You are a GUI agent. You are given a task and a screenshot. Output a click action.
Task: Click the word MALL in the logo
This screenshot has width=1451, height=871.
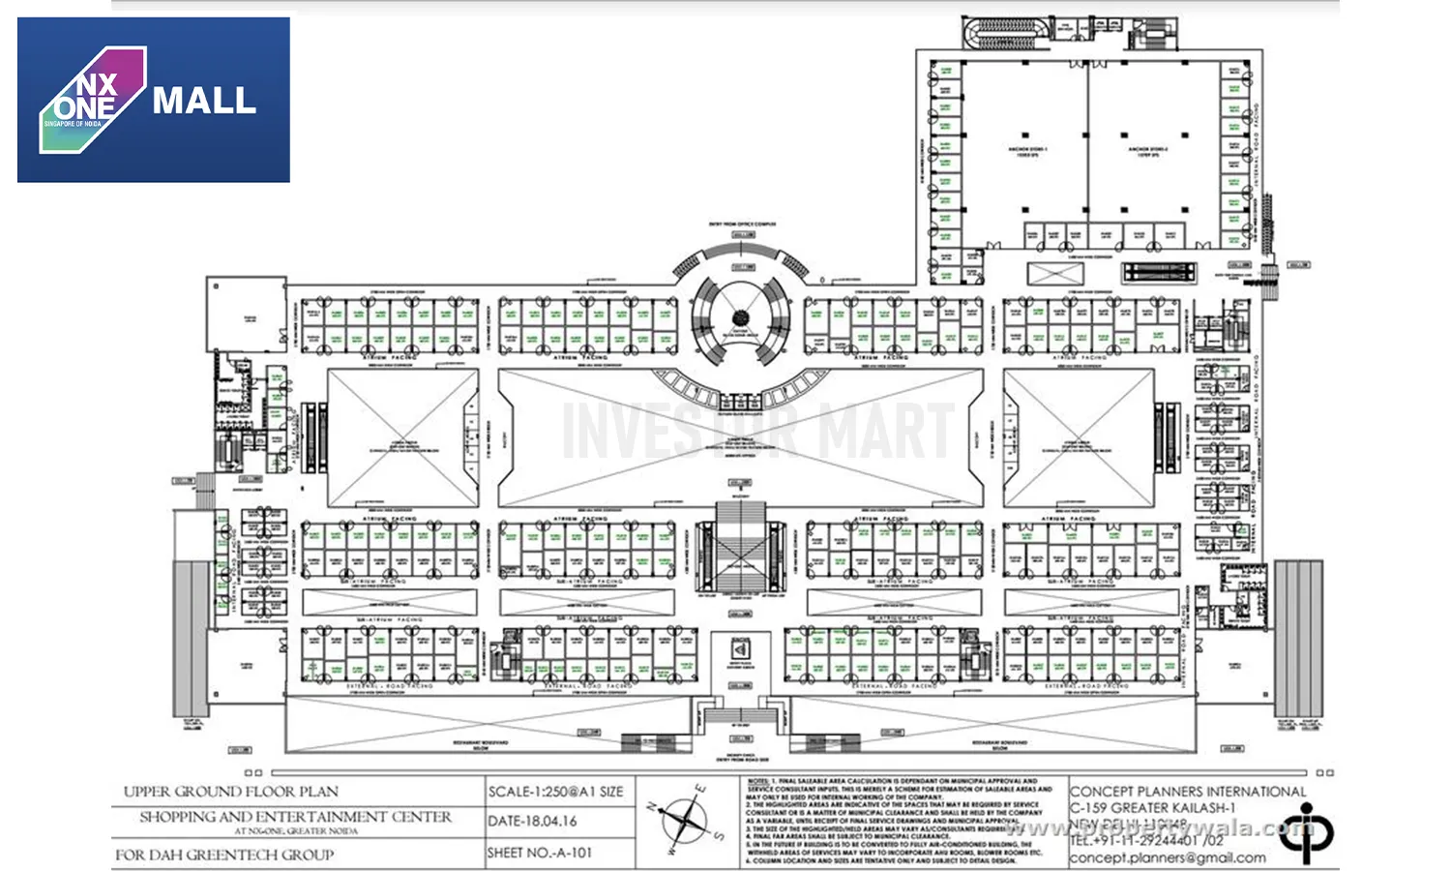click(204, 101)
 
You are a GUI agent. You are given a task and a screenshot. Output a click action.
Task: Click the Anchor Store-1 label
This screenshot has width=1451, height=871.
click(1027, 151)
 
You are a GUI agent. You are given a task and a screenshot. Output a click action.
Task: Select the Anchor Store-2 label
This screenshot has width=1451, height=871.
click(1147, 151)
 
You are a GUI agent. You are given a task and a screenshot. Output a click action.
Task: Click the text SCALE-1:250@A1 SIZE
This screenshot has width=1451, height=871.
click(555, 792)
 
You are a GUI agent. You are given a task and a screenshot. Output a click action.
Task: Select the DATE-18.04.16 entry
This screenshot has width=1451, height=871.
click(532, 821)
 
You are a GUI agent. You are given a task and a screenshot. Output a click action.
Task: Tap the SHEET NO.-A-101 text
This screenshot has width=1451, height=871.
click(539, 853)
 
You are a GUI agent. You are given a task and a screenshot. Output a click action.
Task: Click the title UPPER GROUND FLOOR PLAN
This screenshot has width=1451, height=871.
click(230, 792)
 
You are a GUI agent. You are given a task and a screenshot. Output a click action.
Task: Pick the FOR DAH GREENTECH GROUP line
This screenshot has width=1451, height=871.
click(224, 855)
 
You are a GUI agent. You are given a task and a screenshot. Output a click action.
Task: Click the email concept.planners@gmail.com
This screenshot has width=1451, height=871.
click(1167, 857)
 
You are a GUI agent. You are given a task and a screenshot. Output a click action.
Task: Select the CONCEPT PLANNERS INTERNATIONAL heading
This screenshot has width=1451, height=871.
click(1188, 792)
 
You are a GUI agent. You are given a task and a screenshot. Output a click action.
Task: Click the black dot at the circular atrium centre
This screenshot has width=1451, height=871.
click(741, 316)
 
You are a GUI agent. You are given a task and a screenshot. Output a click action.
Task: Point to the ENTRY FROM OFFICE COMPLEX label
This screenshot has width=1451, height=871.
click(742, 224)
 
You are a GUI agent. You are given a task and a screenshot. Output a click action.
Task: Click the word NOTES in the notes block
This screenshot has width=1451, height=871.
click(757, 780)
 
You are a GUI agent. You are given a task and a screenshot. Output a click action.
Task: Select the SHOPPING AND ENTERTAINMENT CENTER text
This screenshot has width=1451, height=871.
click(295, 817)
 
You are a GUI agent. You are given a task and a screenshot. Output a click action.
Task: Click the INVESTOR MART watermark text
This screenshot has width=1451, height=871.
click(757, 432)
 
